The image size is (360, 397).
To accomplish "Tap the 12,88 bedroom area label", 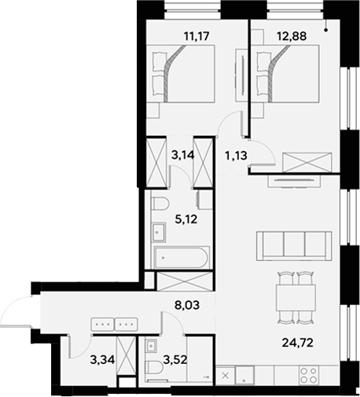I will [273, 35].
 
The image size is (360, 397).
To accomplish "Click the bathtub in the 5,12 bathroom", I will [180, 256].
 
